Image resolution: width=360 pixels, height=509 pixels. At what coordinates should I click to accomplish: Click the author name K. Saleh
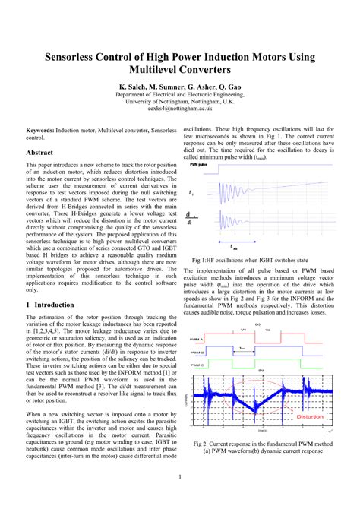(x=134, y=87)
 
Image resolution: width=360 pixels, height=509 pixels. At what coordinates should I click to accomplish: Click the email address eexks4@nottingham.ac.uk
(x=180, y=109)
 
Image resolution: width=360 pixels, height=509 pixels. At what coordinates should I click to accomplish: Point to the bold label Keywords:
(x=43, y=131)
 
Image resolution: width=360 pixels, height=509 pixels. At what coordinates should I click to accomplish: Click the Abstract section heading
(x=39, y=153)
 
